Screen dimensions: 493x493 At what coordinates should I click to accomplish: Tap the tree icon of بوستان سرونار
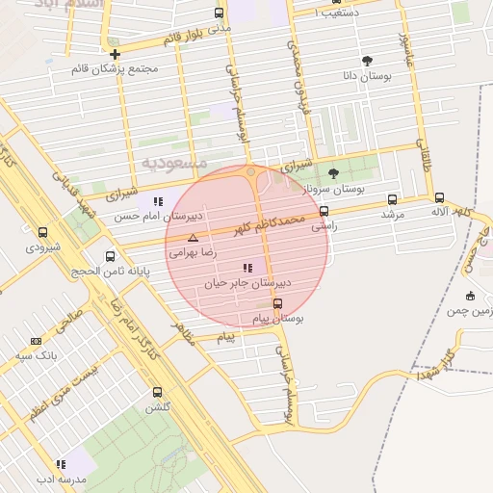pyautogui.click(x=333, y=173)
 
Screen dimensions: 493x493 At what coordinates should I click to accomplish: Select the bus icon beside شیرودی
pyautogui.click(x=42, y=232)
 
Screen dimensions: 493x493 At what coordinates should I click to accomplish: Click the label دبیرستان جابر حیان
pyautogui.click(x=247, y=284)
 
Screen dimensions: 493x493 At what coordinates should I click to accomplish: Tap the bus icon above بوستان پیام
pyautogui.click(x=277, y=303)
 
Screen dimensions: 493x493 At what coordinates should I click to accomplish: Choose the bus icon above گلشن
pyautogui.click(x=158, y=392)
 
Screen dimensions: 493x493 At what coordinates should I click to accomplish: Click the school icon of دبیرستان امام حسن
pyautogui.click(x=157, y=201)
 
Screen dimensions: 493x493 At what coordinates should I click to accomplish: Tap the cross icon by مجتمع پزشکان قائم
pyautogui.click(x=115, y=54)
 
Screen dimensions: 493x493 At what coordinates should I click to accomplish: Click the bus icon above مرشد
pyautogui.click(x=391, y=199)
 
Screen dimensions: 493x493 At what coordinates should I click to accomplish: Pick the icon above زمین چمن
pyautogui.click(x=470, y=296)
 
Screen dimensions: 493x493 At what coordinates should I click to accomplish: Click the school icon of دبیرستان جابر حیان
pyautogui.click(x=247, y=268)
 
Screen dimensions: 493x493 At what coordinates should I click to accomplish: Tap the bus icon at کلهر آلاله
pyautogui.click(x=439, y=196)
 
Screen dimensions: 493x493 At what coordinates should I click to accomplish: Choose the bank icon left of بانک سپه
pyautogui.click(x=37, y=341)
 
